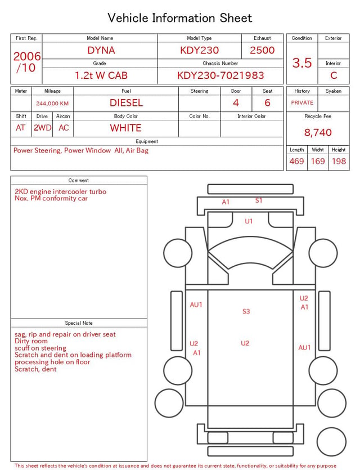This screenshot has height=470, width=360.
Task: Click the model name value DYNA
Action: pyautogui.click(x=101, y=50)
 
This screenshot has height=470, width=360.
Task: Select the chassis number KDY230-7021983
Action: pyautogui.click(x=220, y=75)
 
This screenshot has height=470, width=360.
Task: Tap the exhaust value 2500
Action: pyautogui.click(x=262, y=50)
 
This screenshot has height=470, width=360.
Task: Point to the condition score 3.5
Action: pyautogui.click(x=302, y=63)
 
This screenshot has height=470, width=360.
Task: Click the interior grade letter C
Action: pyautogui.click(x=334, y=75)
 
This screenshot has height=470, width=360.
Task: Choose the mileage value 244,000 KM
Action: pyautogui.click(x=52, y=104)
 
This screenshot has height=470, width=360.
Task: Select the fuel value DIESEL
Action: pyautogui.click(x=126, y=103)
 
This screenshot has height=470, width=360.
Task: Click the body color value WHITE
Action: pyautogui.click(x=125, y=128)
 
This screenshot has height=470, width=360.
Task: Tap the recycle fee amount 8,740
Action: pyautogui.click(x=318, y=132)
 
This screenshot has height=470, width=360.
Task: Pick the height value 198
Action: pyautogui.click(x=339, y=161)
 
